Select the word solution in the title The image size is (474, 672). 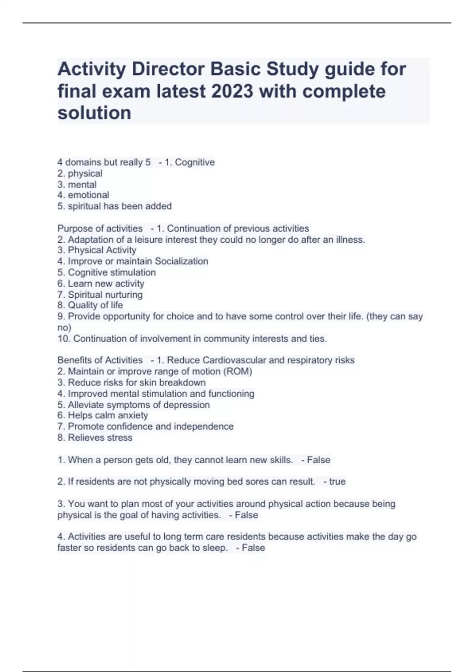point(94,113)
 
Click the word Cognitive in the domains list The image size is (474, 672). point(195,162)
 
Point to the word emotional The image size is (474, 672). point(88,195)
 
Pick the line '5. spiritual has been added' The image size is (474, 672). point(115,206)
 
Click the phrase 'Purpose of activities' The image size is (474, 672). point(100,228)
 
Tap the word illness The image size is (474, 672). point(350,240)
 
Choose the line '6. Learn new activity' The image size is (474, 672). point(101,283)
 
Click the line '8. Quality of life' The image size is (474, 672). point(90,305)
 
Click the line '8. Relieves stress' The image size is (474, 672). point(95,438)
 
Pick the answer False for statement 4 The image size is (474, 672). point(253,548)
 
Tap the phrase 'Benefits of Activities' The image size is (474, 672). point(100,360)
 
